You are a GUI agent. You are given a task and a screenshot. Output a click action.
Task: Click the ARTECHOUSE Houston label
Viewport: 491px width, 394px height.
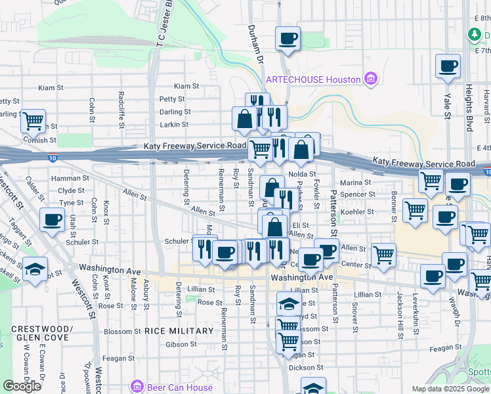pos(313,79)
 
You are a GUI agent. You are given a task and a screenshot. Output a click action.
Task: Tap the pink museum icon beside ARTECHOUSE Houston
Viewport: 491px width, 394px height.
pos(370,79)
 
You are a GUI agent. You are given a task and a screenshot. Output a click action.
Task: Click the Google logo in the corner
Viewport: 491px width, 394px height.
pos(22,386)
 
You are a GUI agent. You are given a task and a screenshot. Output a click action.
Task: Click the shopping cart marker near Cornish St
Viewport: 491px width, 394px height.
pos(33,120)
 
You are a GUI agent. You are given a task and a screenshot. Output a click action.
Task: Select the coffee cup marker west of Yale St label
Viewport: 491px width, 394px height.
pos(448,66)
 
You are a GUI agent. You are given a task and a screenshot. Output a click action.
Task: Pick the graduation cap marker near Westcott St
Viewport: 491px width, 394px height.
pos(34,269)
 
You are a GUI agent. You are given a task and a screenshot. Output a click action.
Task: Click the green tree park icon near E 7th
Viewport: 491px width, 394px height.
pos(474,34)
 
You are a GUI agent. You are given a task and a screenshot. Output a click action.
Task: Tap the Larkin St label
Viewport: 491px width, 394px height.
pos(174,124)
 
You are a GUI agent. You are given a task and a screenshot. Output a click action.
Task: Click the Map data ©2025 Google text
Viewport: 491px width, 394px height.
pos(450,389)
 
